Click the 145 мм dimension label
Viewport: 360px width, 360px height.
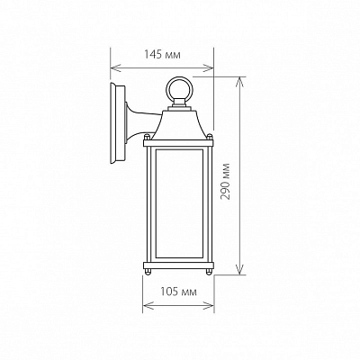(162, 55)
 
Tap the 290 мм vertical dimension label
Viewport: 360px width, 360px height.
(226, 182)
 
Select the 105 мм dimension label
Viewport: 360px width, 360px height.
(178, 292)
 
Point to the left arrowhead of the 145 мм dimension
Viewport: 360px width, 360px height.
(116, 67)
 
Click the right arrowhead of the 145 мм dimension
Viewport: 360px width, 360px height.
(208, 67)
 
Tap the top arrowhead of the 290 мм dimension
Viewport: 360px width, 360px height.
(239, 82)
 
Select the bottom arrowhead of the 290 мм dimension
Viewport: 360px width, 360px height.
(239, 269)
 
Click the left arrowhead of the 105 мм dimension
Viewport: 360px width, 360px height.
(148, 306)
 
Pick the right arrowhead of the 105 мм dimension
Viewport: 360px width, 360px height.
(208, 306)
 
